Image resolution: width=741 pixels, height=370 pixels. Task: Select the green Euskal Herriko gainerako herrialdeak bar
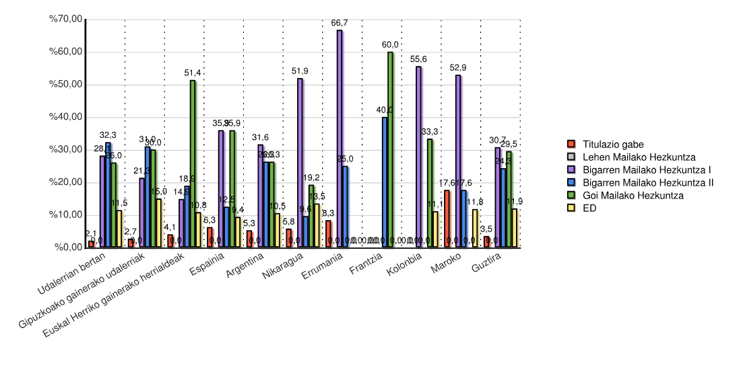193,163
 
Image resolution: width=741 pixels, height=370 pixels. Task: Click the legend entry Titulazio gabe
614,144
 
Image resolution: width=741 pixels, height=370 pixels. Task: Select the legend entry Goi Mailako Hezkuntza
633,195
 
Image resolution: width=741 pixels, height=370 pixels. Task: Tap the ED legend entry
590,208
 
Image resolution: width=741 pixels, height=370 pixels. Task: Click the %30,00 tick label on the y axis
65,149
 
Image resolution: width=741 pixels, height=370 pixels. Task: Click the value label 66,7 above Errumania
340,23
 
